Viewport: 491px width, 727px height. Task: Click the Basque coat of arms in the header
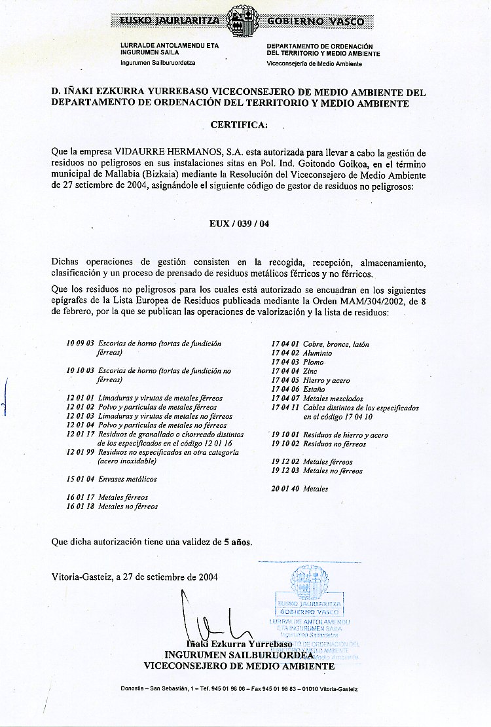click(x=245, y=22)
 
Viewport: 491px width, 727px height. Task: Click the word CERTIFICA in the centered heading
click(x=238, y=124)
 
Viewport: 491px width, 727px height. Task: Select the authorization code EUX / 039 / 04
click(x=239, y=223)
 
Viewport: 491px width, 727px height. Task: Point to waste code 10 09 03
click(x=81, y=344)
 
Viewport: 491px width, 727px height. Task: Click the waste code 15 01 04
click(x=81, y=479)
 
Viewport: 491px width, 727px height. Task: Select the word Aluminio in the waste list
click(x=318, y=353)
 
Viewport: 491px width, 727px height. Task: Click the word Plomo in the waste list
click(x=314, y=362)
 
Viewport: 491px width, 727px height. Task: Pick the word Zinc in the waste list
click(x=310, y=371)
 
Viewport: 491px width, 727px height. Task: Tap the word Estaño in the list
click(x=314, y=389)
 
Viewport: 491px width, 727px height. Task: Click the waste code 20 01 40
click(x=285, y=489)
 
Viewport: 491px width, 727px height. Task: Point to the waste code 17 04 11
click(x=285, y=408)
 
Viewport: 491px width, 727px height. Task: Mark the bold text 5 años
click(x=237, y=542)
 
